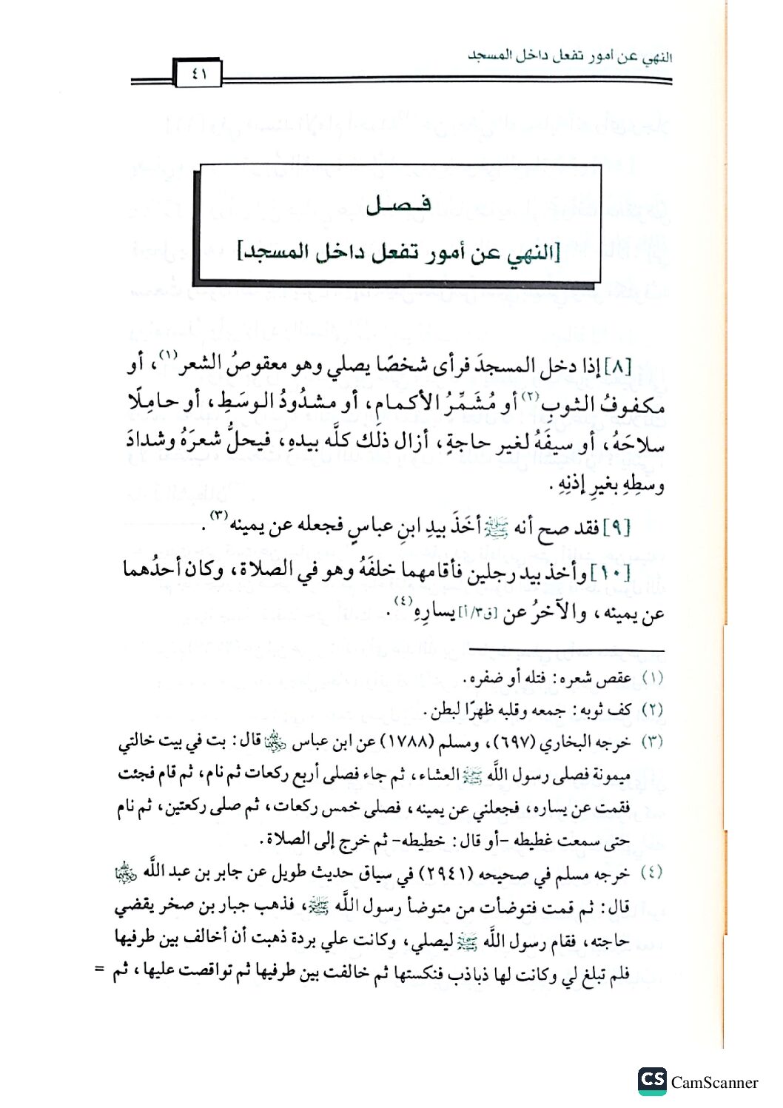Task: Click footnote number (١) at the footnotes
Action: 652,678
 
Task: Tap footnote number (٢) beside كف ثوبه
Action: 652,710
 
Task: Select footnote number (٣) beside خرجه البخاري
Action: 652,742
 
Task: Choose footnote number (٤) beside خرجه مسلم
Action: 652,873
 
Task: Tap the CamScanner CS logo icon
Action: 652,1081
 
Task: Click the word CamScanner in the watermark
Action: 715,1083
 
